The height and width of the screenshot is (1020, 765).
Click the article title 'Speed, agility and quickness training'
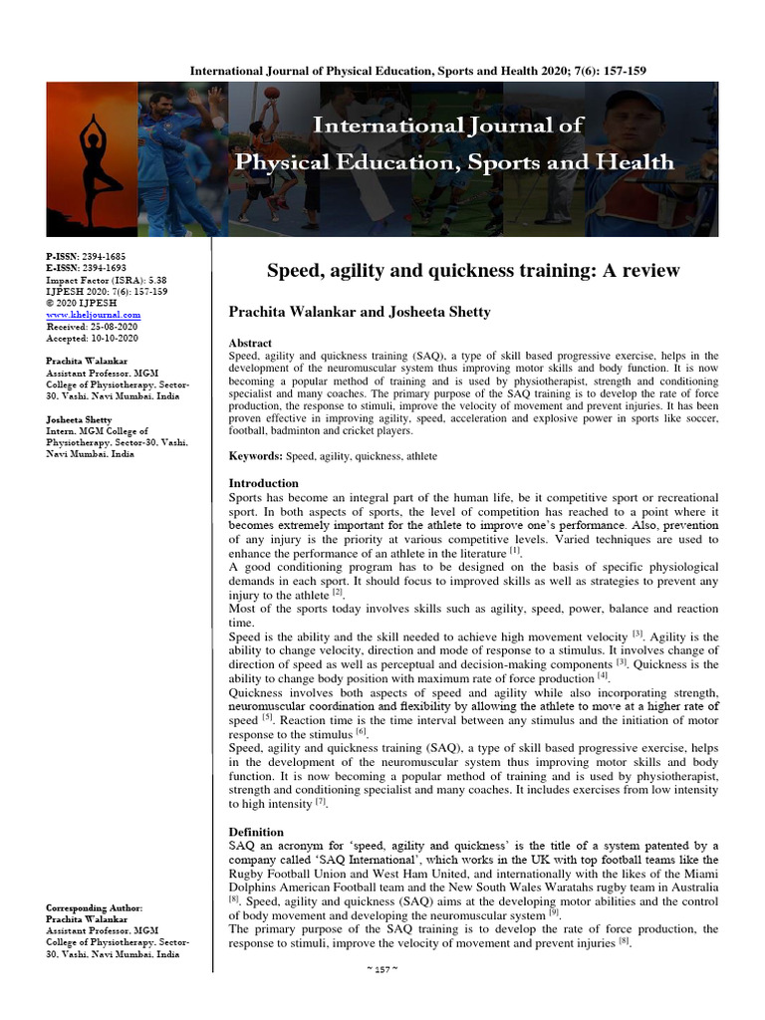472,271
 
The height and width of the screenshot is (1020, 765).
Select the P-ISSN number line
87,255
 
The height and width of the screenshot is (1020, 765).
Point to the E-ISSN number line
87,269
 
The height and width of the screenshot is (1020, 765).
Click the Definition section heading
256,832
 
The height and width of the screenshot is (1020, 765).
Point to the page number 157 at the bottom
382,997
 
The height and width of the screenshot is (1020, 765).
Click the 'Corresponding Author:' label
96,908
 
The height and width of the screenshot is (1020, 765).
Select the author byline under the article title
360,313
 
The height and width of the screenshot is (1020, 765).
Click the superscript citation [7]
321,800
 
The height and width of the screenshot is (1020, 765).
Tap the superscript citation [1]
515,550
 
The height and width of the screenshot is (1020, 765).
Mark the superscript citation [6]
362,731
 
